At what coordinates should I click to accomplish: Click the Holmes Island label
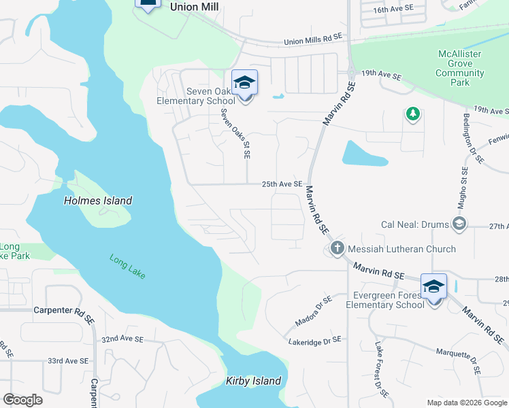97,201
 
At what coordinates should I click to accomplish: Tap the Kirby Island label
253,381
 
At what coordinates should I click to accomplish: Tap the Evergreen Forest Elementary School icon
433,286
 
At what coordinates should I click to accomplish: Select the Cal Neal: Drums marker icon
460,225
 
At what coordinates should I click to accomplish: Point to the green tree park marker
412,114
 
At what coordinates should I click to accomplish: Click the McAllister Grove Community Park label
460,68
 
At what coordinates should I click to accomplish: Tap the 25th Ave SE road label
282,184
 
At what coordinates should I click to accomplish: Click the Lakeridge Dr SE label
314,339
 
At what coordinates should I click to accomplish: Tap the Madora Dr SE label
313,309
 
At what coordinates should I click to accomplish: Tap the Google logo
22,400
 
